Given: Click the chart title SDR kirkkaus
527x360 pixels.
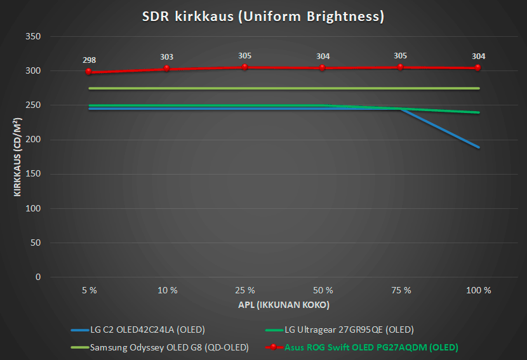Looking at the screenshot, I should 263,17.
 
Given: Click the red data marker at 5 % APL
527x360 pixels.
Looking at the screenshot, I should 89,72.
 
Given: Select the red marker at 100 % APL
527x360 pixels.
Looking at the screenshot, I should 478,68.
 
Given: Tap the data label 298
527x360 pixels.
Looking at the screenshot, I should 89,60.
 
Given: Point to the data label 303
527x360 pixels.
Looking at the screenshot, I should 167,57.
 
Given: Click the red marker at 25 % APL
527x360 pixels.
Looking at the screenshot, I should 244,67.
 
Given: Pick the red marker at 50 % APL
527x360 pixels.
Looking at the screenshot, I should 323,67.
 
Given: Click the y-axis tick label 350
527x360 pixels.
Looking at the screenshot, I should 33,37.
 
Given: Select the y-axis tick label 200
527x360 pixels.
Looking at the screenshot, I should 33,140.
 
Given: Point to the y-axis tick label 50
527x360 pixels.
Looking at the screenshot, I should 36,243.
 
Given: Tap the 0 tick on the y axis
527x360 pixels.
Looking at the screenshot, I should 38,277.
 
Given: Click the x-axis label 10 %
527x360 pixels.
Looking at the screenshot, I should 167,290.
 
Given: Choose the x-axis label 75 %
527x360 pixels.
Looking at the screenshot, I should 401,290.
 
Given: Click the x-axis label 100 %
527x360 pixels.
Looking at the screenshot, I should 478,290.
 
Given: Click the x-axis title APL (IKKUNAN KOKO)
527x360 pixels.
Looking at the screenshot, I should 283,305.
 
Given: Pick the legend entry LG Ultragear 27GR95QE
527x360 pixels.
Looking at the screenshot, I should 349,330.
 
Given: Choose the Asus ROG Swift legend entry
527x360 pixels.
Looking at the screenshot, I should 371,347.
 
